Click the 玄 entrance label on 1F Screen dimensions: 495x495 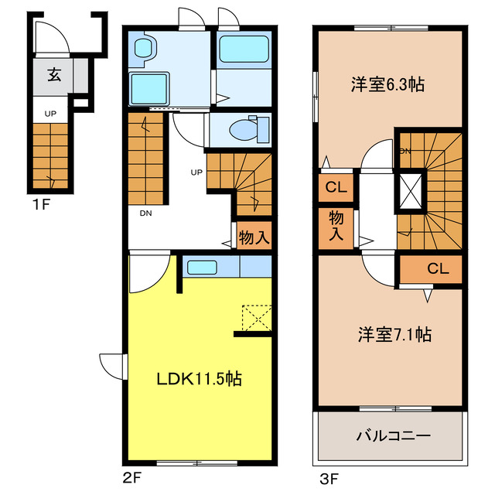point(54,75)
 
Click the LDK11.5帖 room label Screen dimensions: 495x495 point(200,380)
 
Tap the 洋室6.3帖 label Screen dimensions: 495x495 point(387,85)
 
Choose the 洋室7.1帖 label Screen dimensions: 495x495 point(394,336)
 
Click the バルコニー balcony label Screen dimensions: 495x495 point(393,436)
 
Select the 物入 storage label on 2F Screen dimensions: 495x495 point(254,237)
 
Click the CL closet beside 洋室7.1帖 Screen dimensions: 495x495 point(437,269)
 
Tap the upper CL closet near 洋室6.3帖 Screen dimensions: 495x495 point(335,186)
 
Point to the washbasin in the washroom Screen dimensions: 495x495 point(145,49)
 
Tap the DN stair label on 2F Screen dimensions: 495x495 point(145,213)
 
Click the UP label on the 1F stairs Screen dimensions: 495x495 point(50,114)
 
